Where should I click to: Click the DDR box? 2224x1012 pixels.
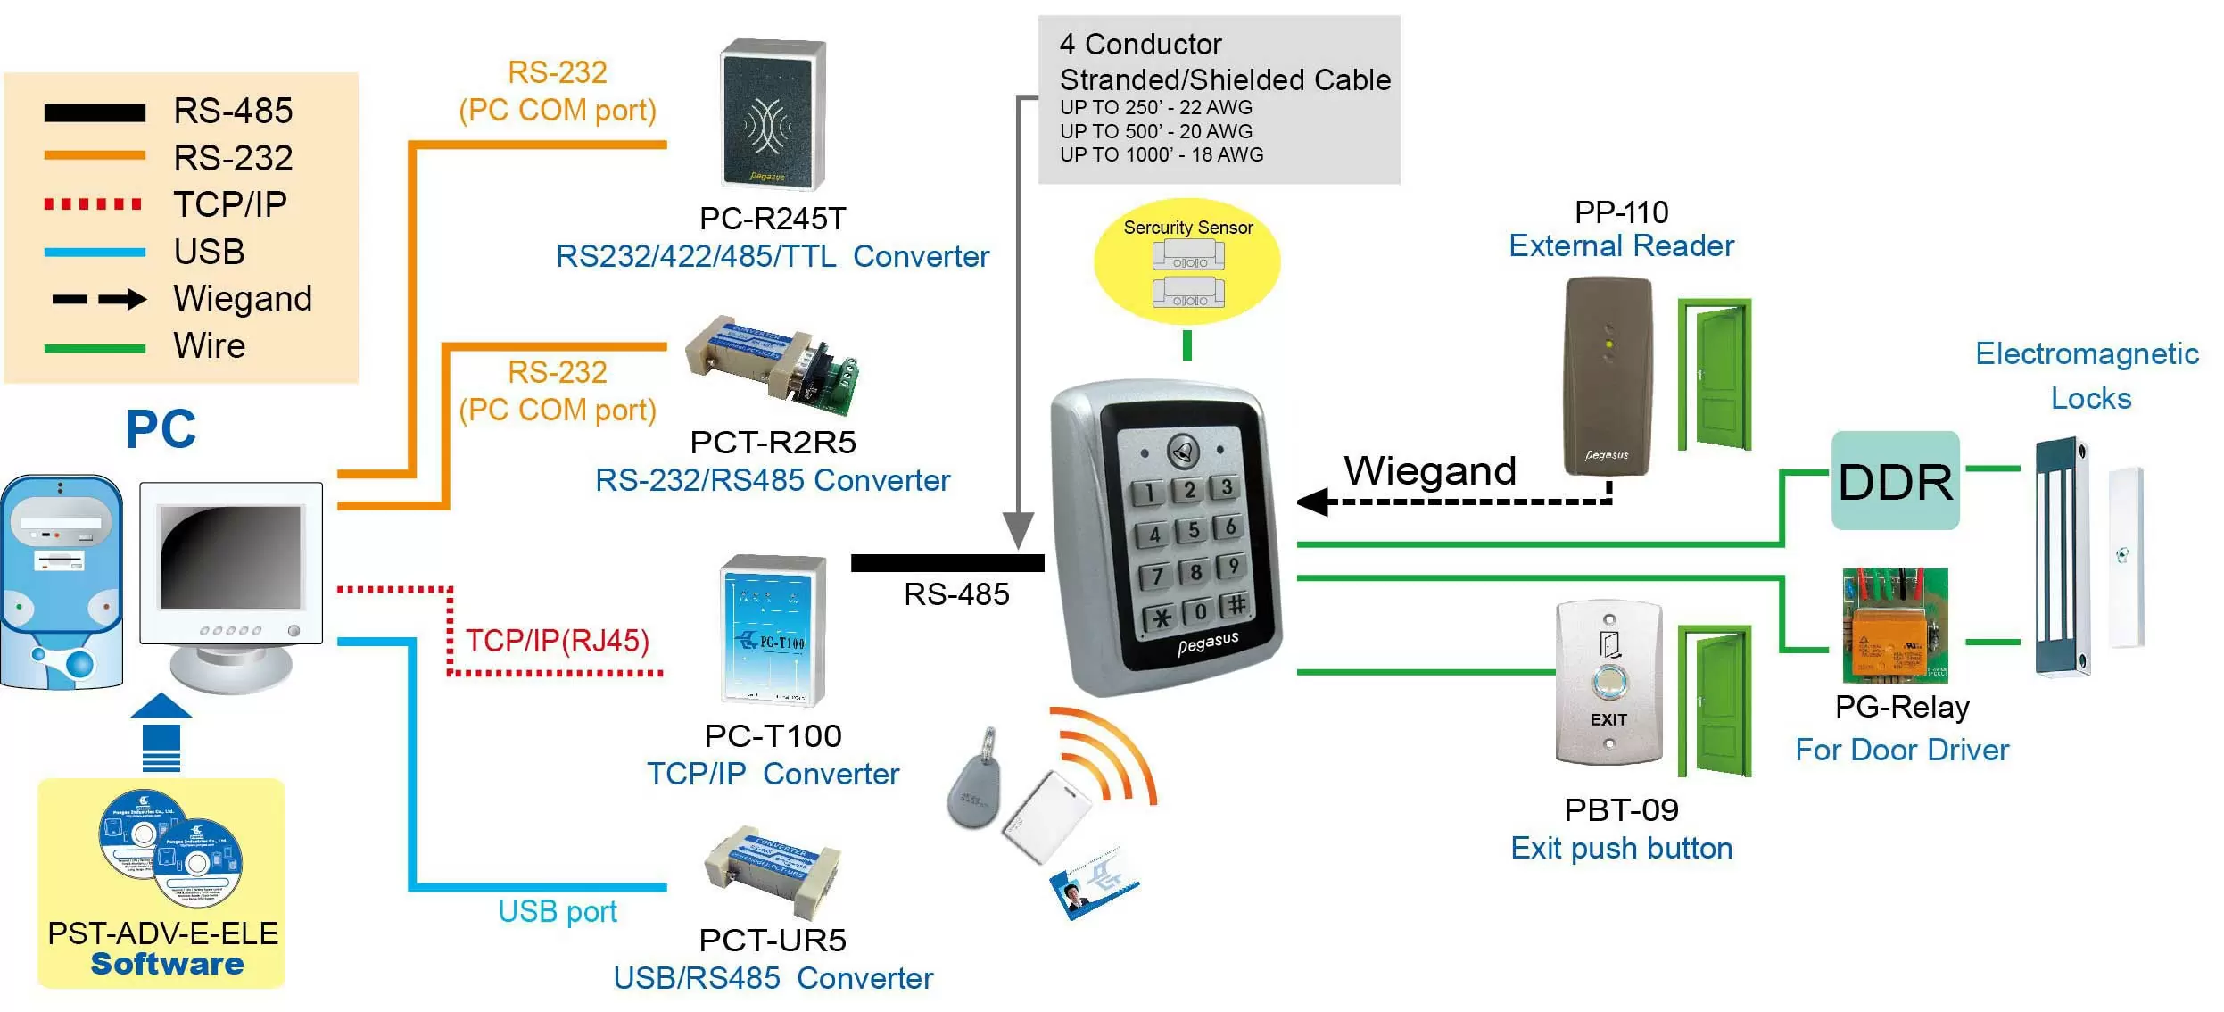1895,482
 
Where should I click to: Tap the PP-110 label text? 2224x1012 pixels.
1620,212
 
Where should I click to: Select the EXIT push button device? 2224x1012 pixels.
1608,683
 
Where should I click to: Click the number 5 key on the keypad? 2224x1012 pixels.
1193,530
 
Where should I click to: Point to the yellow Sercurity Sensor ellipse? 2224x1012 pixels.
1186,261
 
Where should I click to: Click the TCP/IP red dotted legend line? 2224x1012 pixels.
93,204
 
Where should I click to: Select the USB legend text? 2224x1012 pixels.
209,252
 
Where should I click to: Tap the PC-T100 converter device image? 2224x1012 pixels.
773,630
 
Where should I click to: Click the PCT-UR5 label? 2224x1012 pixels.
772,940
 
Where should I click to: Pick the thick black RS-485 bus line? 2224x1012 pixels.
947,563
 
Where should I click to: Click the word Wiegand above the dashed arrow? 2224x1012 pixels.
1429,471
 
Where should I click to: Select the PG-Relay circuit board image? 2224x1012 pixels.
1895,626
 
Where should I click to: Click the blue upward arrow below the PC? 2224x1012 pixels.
161,731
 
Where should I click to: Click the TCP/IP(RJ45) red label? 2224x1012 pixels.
558,641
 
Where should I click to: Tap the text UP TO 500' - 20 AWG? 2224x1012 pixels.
1155,131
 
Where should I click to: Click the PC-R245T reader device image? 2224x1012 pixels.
773,113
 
